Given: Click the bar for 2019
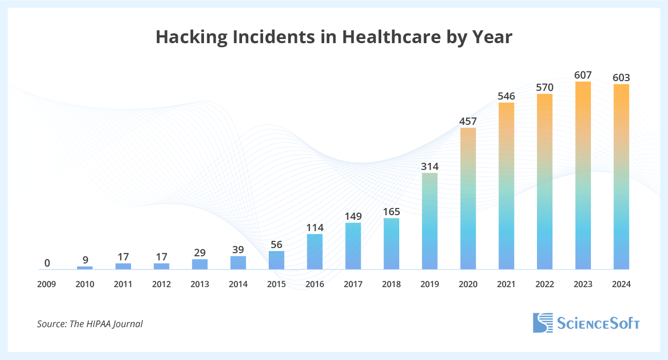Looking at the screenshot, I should (x=430, y=221).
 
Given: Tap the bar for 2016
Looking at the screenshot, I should (x=314, y=252).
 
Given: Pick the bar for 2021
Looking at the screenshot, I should (x=506, y=186).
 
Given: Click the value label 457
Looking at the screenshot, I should (x=468, y=121).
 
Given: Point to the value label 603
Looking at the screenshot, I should (x=621, y=78).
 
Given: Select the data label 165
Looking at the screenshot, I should (x=391, y=211).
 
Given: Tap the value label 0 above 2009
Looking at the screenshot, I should (x=47, y=263).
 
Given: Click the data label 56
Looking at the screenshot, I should (x=276, y=244).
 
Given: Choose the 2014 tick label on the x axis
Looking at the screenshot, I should (x=238, y=284).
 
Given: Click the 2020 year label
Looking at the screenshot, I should (x=468, y=284).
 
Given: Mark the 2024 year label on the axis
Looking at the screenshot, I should (x=621, y=284).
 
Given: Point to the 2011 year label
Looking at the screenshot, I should (x=123, y=284).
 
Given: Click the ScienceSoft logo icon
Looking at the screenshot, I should (x=543, y=323).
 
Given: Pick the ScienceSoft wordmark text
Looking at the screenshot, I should (x=599, y=323).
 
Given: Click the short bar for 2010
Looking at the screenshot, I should (x=85, y=268).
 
